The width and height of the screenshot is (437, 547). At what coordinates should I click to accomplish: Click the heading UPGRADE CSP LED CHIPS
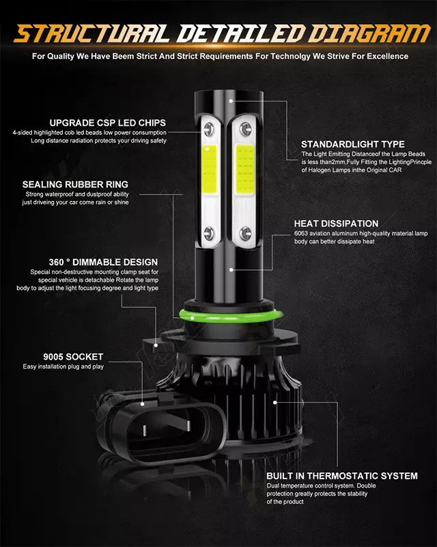tap(108, 123)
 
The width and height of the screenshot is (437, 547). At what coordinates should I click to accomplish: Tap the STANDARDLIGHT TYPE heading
tap(352, 144)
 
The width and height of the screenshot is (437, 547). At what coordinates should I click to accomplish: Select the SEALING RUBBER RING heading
tap(75, 184)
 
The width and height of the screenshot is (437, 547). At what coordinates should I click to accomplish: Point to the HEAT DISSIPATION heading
tap(336, 224)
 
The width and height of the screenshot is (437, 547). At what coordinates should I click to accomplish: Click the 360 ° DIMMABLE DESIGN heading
tap(103, 262)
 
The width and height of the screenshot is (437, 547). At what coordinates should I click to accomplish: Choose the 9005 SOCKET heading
tap(73, 357)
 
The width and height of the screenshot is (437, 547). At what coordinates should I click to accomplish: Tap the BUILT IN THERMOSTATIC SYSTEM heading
tap(342, 476)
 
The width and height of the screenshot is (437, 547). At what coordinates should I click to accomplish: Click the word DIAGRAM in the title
tap(369, 34)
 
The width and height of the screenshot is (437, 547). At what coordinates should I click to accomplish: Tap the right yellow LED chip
tap(244, 170)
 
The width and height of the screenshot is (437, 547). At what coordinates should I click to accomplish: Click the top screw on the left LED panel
tap(209, 129)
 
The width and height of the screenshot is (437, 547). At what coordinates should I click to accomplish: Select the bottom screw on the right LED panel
tap(245, 232)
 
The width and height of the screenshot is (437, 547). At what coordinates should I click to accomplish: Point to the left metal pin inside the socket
tap(145, 430)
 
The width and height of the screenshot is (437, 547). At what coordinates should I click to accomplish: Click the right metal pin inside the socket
tap(188, 425)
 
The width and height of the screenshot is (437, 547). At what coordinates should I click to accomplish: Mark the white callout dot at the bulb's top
tap(231, 101)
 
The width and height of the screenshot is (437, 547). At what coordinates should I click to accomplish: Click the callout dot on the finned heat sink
tap(275, 403)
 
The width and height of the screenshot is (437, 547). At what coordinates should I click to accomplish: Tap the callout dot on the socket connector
tap(142, 404)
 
